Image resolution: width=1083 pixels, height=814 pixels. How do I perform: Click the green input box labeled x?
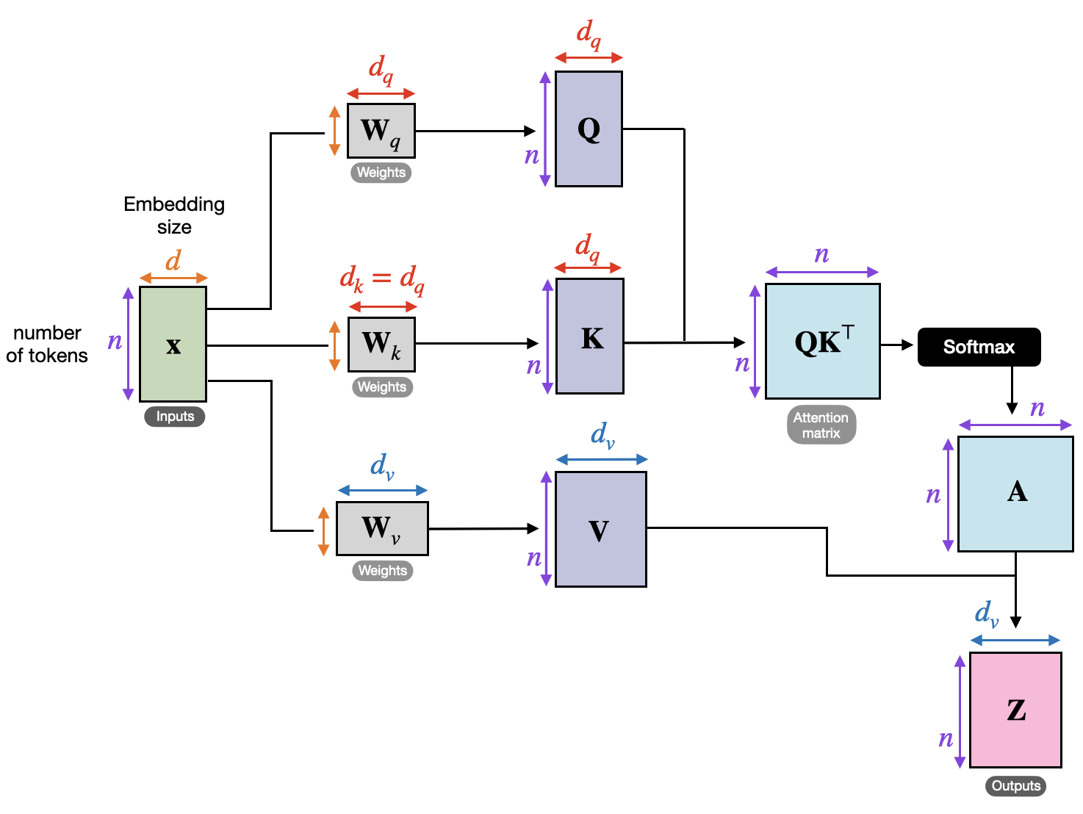click(173, 344)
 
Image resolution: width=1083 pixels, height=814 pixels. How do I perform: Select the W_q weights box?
click(381, 131)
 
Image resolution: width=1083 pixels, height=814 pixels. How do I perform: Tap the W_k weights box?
click(381, 344)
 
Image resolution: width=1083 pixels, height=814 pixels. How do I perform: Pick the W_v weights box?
click(382, 528)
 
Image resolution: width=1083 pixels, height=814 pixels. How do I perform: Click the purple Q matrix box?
click(589, 129)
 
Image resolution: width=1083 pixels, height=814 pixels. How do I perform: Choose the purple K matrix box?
click(590, 336)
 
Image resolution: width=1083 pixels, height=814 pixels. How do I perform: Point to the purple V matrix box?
click(600, 529)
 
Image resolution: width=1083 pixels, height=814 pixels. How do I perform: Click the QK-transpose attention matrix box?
click(822, 342)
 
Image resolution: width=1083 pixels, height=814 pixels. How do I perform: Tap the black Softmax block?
click(979, 347)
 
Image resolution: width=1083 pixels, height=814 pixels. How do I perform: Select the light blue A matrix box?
click(1015, 494)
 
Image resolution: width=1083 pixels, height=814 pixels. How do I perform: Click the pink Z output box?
click(1015, 710)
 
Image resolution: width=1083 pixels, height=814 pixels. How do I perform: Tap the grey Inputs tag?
click(175, 417)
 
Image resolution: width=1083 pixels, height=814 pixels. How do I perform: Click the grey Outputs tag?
click(1015, 786)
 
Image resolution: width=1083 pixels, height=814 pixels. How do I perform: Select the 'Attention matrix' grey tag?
click(821, 425)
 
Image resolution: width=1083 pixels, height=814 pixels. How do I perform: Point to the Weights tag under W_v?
click(382, 571)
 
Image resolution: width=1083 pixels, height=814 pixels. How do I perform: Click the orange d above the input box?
click(173, 261)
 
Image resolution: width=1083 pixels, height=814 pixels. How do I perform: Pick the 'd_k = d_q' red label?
click(381, 279)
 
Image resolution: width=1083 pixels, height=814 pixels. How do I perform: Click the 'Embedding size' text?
click(174, 215)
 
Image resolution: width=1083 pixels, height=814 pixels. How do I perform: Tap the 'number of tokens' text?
click(47, 344)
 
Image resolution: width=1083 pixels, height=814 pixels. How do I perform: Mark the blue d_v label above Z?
click(986, 613)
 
